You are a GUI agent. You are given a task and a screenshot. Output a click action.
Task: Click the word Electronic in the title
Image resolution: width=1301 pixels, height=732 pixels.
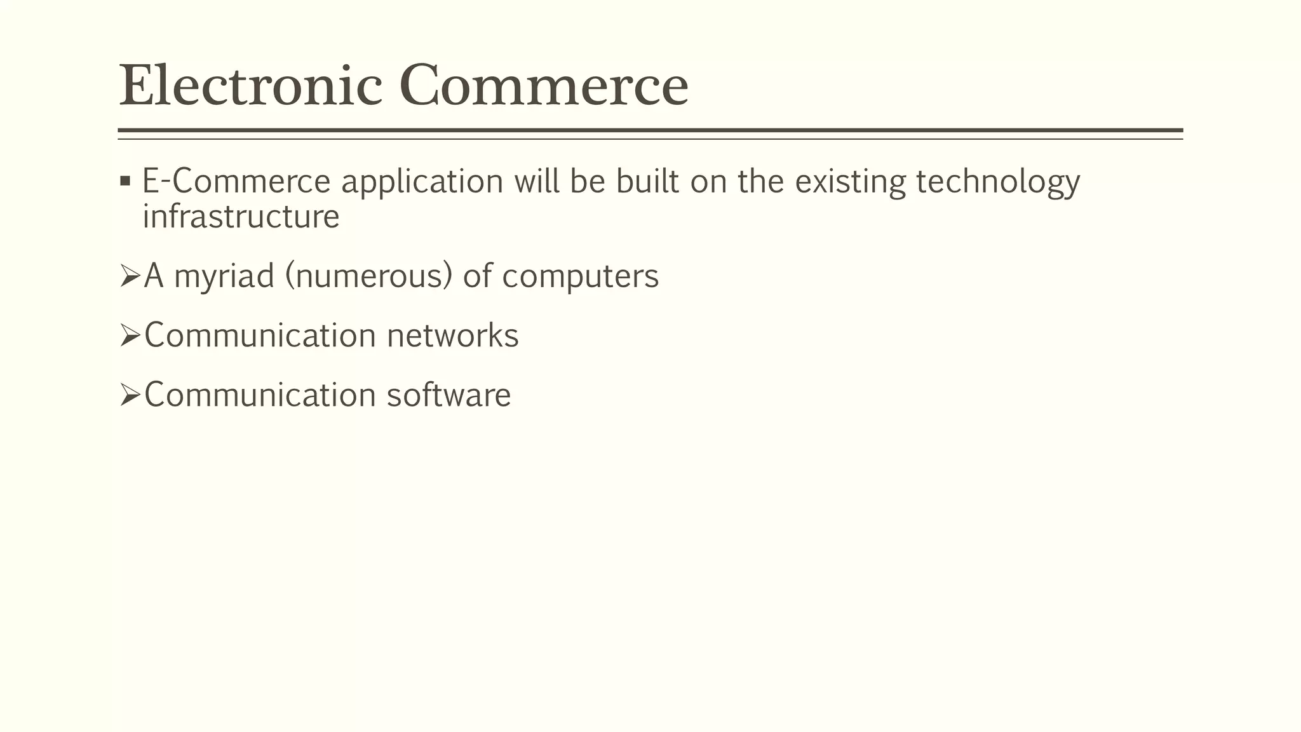[x=251, y=86]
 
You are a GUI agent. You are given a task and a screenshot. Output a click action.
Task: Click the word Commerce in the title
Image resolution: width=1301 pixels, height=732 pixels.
[x=544, y=86]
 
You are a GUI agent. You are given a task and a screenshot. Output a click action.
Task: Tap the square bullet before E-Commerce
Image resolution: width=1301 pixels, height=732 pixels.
[x=125, y=182]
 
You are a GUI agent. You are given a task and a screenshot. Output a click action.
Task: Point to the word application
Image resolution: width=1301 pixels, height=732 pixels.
[x=422, y=182]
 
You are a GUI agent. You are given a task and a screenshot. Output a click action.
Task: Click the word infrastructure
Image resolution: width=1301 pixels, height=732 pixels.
[x=241, y=217]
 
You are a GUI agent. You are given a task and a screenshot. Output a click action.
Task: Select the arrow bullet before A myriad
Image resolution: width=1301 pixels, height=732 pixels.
[x=130, y=276]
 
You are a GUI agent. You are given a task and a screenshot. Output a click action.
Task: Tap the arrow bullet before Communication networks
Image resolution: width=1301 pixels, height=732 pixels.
[x=130, y=336]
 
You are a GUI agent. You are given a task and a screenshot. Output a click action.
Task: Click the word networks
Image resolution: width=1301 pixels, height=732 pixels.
[x=452, y=335]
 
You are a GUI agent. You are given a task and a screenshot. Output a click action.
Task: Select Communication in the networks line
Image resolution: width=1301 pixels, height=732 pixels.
[x=260, y=335]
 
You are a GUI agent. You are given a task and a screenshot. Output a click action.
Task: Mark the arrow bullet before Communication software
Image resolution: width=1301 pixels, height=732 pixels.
[x=130, y=396]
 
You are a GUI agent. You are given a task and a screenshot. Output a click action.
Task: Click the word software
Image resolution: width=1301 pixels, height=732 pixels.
[x=448, y=395]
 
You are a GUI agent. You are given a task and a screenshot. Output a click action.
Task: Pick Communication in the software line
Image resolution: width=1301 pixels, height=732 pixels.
[x=260, y=395]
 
